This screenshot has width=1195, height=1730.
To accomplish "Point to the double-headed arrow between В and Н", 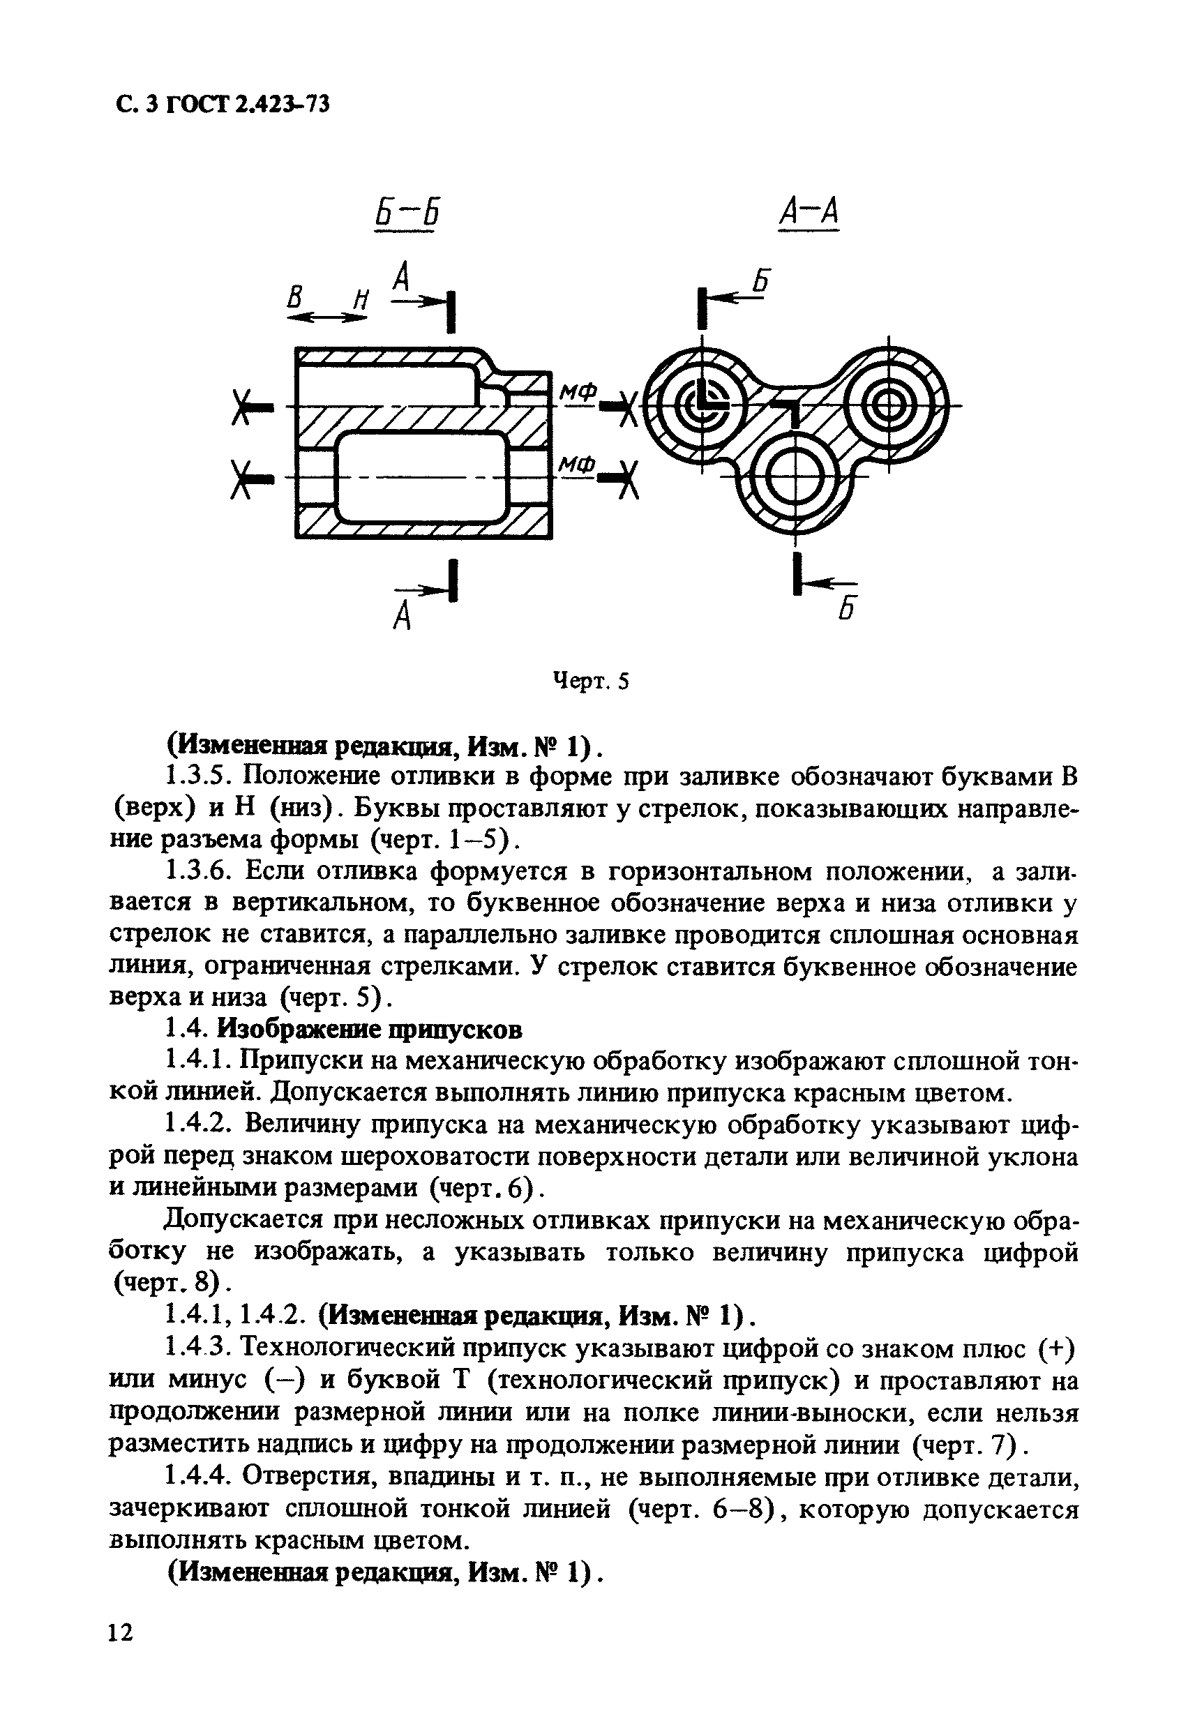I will pos(326,317).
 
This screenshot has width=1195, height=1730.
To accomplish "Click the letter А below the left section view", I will pos(403,615).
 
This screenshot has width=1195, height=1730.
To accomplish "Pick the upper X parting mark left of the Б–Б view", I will pos(242,407).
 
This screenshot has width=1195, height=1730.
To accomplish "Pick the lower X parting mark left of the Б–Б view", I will pos(241,479).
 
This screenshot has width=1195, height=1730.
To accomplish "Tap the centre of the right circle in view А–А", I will pos(889,407).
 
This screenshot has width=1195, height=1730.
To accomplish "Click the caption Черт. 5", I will pos(591,682).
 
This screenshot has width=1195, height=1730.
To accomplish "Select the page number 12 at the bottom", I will pos(120,1653).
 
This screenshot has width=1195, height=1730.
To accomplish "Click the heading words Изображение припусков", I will pos(370,1030).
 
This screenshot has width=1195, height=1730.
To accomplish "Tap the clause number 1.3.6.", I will pos(197,872).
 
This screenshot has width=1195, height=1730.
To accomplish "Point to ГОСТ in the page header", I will pos(197,105).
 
